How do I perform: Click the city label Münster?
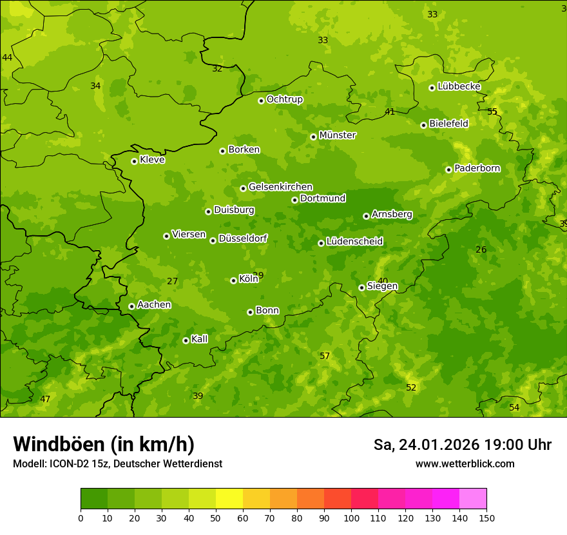337,135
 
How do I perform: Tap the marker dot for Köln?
233,280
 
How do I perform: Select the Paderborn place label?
477,168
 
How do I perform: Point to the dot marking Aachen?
131,306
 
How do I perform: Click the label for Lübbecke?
459,86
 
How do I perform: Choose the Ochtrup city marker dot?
261,101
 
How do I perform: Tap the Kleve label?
152,160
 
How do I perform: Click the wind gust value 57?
325,356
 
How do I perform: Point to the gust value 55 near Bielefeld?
492,112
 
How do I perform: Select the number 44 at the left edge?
7,58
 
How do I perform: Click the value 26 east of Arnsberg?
481,250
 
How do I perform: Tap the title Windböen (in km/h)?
104,444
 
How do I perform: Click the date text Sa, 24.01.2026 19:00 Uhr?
462,445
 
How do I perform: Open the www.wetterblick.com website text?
465,464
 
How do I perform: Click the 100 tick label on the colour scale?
351,518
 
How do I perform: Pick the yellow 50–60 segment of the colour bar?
229,499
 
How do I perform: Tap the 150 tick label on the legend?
486,518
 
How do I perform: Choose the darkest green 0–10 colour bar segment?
94,499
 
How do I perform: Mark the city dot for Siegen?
361,287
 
